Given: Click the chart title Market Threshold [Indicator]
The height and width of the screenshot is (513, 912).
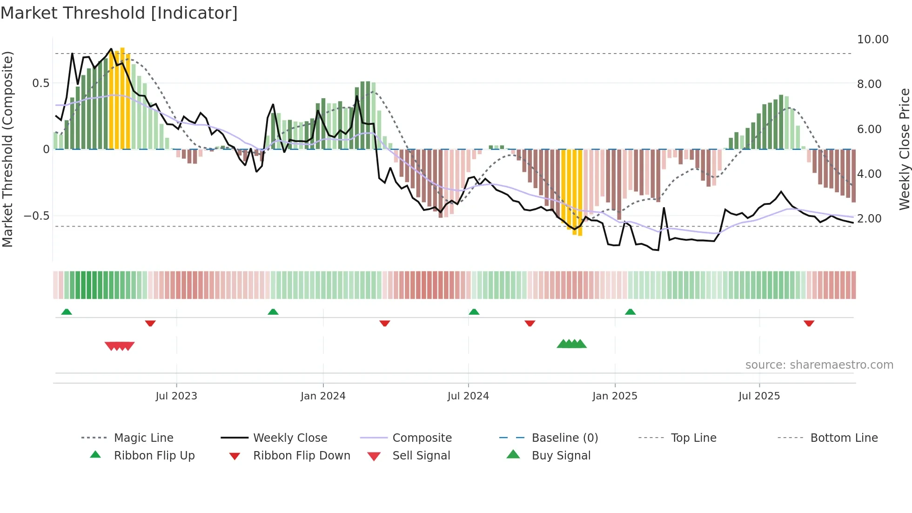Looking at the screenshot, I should tap(119, 13).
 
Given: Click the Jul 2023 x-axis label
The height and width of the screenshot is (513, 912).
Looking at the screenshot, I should tap(176, 396).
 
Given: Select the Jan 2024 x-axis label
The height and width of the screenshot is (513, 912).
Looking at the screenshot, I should tap(323, 396).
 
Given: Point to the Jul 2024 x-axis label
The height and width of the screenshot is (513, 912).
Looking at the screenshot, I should tap(468, 396).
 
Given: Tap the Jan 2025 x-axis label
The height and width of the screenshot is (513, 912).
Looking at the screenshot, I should tap(615, 396).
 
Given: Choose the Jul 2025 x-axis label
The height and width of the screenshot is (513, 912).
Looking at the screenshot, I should tap(759, 396).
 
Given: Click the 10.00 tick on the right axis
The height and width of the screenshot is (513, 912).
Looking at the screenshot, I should tap(872, 40).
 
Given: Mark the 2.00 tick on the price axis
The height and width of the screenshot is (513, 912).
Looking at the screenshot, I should tap(869, 219).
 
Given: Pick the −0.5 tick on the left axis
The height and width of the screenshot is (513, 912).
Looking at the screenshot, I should tap(36, 216).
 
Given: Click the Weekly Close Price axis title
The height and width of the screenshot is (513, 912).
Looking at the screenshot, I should tap(904, 149).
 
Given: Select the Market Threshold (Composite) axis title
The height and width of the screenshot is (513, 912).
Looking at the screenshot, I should tap(7, 149).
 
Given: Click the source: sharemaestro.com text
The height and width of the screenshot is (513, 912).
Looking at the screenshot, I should tap(819, 365).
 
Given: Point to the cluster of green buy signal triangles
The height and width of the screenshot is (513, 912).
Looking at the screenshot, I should tap(571, 344).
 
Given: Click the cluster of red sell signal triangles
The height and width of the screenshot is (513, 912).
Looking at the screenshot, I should tap(120, 346).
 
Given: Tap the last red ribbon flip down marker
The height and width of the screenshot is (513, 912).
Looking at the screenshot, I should tap(809, 323).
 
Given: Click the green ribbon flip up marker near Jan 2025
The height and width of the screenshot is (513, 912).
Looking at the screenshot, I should tap(630, 312).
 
